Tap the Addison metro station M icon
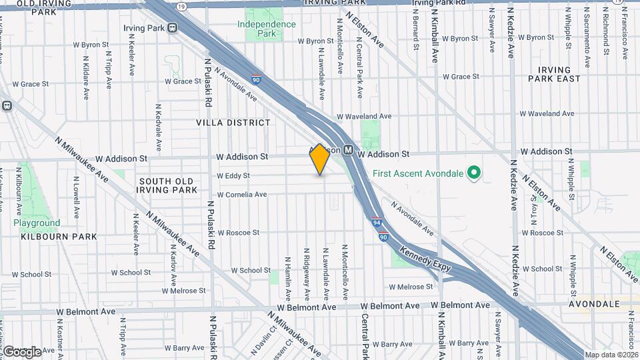click(x=349, y=151)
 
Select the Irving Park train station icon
click(x=173, y=28)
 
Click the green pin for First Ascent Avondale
click(x=474, y=173)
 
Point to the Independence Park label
click(x=267, y=29)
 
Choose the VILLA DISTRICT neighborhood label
click(x=233, y=123)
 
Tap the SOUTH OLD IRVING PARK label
click(x=168, y=185)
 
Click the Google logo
click(x=22, y=351)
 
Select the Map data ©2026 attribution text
click(x=611, y=355)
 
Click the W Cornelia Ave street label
click(x=242, y=195)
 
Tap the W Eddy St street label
click(x=233, y=176)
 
